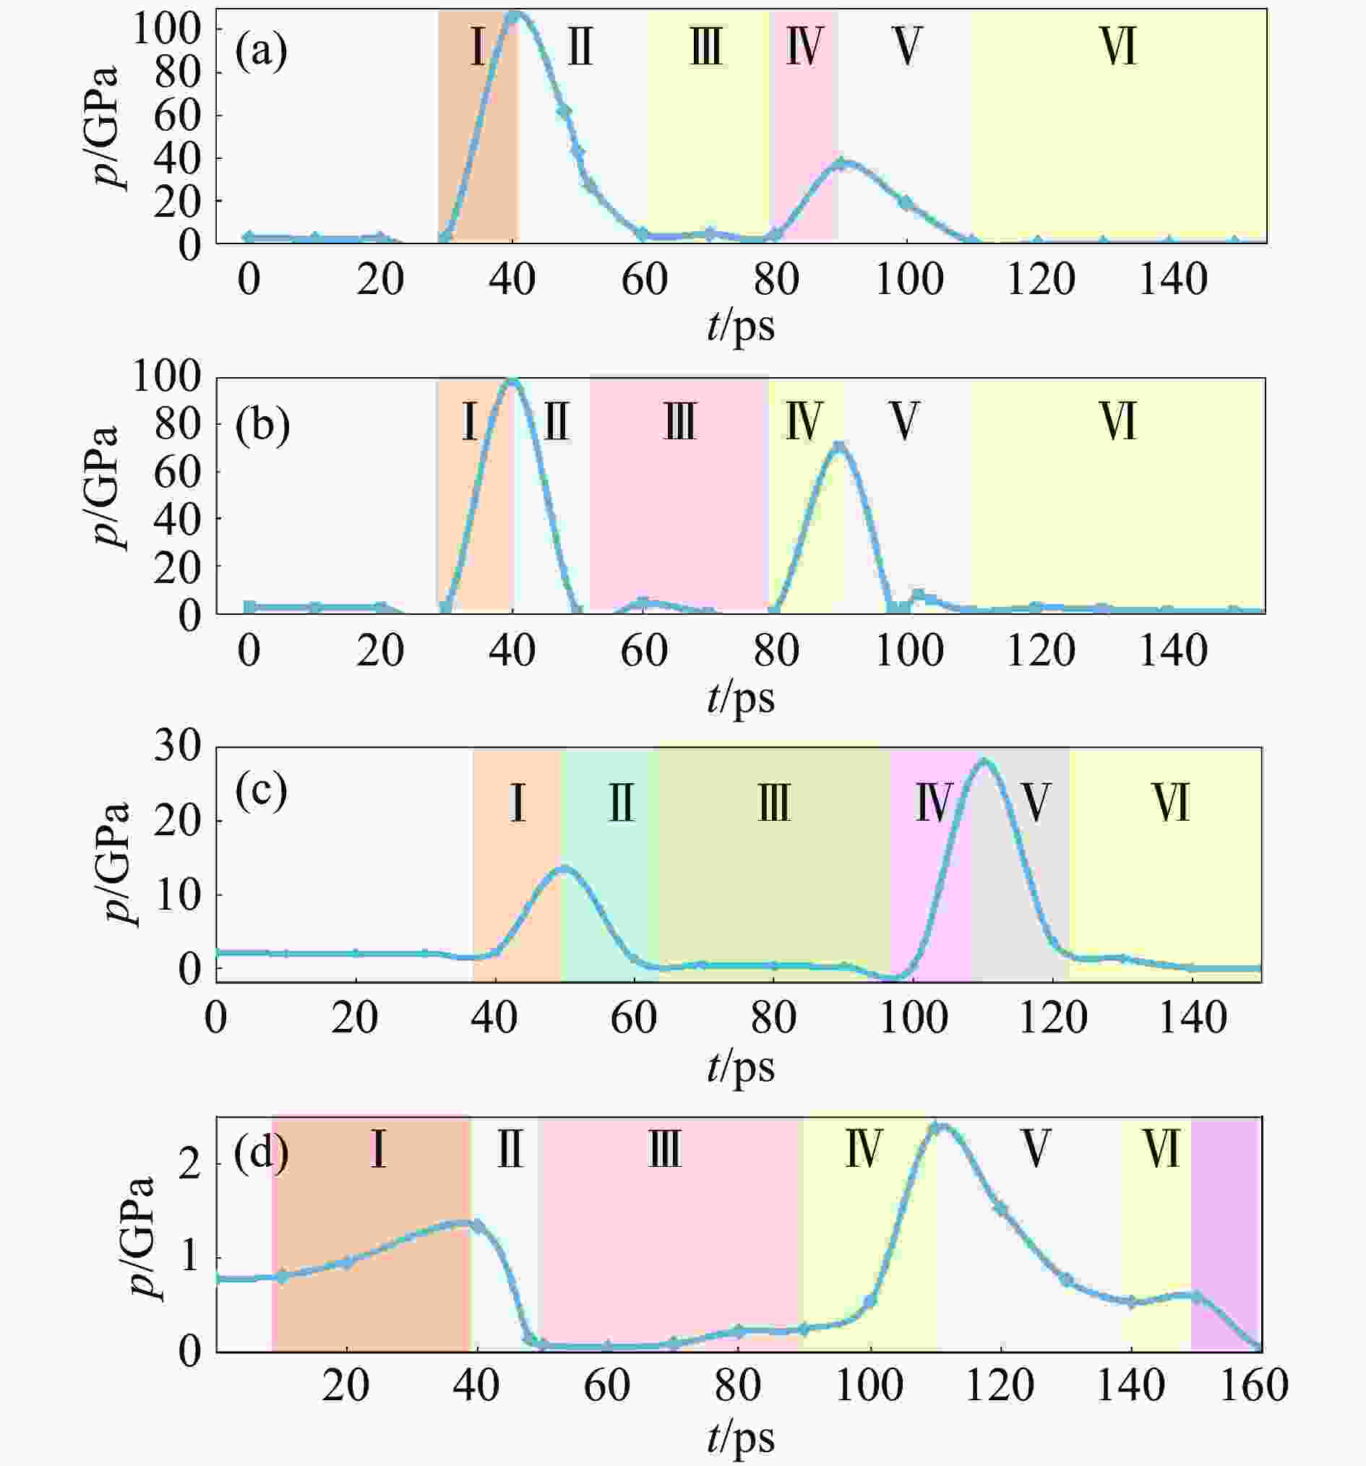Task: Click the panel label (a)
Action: [261, 53]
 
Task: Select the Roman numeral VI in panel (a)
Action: [1118, 47]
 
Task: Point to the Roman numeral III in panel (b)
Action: [679, 422]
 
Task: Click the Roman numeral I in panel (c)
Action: [517, 803]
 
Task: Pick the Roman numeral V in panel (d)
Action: [1036, 1149]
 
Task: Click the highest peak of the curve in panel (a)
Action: [515, 14]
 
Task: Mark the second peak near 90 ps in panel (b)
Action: [838, 446]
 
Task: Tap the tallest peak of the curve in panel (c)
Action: [984, 760]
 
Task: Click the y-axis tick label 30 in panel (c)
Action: [177, 748]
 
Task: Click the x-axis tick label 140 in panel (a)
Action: [1173, 280]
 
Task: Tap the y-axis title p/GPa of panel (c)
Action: [118, 863]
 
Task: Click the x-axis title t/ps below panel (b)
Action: [741, 698]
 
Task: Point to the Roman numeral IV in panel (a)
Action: [803, 47]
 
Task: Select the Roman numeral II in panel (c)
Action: [621, 803]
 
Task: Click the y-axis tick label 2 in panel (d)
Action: [190, 1165]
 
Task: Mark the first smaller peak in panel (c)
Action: [564, 868]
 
